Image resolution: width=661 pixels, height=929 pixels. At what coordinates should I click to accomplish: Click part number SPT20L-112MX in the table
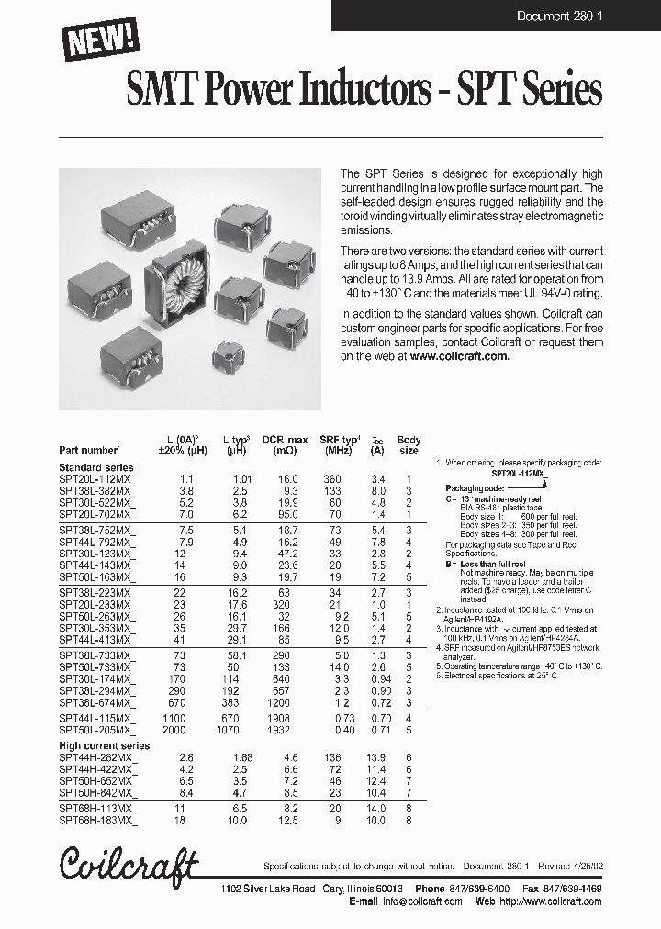[x=95, y=479]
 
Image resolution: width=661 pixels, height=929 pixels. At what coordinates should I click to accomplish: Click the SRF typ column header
[x=339, y=445]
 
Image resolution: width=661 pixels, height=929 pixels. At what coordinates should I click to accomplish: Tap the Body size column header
[x=409, y=445]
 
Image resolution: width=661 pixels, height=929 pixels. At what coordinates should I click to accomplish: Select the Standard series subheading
[x=95, y=468]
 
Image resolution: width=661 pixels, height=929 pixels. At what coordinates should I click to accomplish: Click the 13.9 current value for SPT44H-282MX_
[x=376, y=757]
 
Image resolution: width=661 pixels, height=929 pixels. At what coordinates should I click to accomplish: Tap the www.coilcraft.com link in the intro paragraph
[x=459, y=356]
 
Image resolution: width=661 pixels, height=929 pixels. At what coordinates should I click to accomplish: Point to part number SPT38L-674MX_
[x=97, y=703]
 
